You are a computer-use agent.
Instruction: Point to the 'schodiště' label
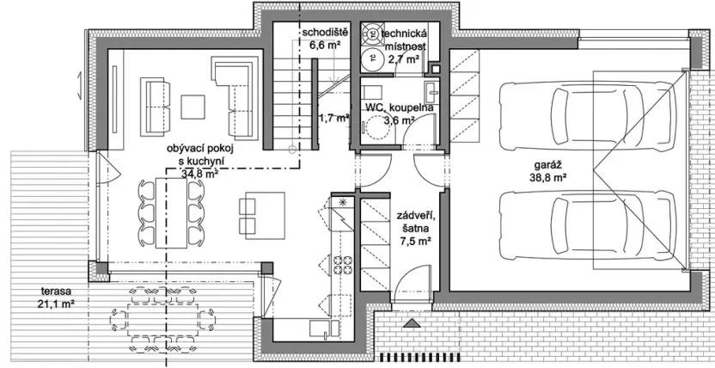pyautogui.click(x=326, y=33)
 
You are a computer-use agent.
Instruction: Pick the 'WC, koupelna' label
pyautogui.click(x=400, y=108)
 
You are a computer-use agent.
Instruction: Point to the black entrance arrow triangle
pyautogui.click(x=412, y=323)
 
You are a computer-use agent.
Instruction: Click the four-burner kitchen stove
pyautogui.click(x=342, y=265)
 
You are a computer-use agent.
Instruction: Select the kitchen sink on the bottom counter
pyautogui.click(x=324, y=329)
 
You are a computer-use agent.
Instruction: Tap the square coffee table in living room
pyautogui.click(x=192, y=107)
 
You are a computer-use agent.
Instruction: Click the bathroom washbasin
pyautogui.click(x=430, y=93)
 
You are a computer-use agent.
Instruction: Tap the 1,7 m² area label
pyautogui.click(x=333, y=118)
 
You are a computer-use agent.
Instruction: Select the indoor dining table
pyautogui.click(x=171, y=213)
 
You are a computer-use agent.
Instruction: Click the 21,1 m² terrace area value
pyautogui.click(x=57, y=303)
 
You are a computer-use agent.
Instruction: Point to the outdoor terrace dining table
pyautogui.click(x=162, y=320)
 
